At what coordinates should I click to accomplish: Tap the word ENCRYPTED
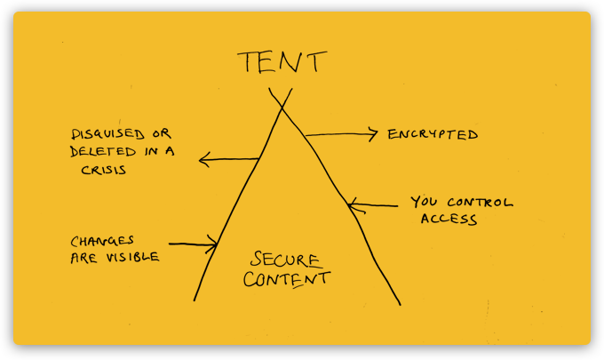433,135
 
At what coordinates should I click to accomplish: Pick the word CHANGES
101,241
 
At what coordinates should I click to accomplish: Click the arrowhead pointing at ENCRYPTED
375,135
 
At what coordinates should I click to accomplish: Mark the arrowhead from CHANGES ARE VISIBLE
214,243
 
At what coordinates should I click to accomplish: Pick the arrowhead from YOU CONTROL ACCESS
353,206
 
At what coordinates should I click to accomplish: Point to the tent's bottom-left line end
195,300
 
